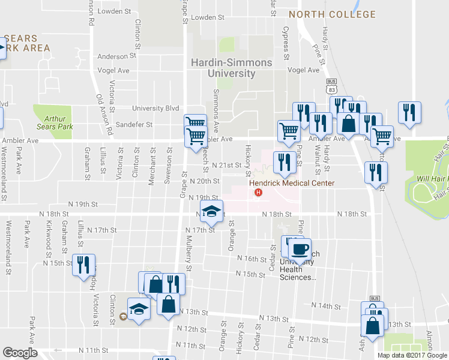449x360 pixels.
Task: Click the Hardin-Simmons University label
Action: (x=231, y=68)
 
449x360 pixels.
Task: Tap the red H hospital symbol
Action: (x=259, y=193)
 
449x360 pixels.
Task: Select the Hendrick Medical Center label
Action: (x=292, y=183)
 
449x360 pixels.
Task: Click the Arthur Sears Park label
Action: (x=54, y=123)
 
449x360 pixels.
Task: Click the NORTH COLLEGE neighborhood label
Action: (x=332, y=14)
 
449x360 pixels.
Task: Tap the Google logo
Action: (x=20, y=353)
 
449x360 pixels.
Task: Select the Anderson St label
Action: (x=113, y=57)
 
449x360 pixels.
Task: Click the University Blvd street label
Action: (x=155, y=109)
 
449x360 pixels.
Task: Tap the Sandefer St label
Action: (x=134, y=125)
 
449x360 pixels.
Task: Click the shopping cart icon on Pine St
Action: (x=289, y=130)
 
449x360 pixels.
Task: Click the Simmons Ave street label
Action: (x=216, y=103)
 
